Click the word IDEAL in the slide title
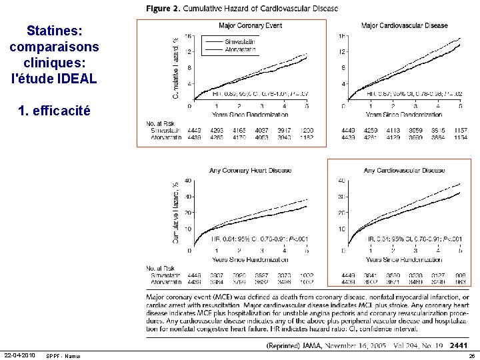coord(77,78)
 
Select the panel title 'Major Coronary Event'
coord(250,25)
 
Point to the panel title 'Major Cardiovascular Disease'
coord(404,25)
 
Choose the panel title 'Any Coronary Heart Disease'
coord(250,170)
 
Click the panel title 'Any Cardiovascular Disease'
coord(404,170)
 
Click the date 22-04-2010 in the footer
coord(21,353)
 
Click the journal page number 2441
coord(459,346)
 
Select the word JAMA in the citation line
coord(331,347)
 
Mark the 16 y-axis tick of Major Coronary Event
coord(189,36)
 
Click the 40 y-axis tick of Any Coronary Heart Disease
coord(188,181)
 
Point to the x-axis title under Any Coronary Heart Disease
coord(250,259)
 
